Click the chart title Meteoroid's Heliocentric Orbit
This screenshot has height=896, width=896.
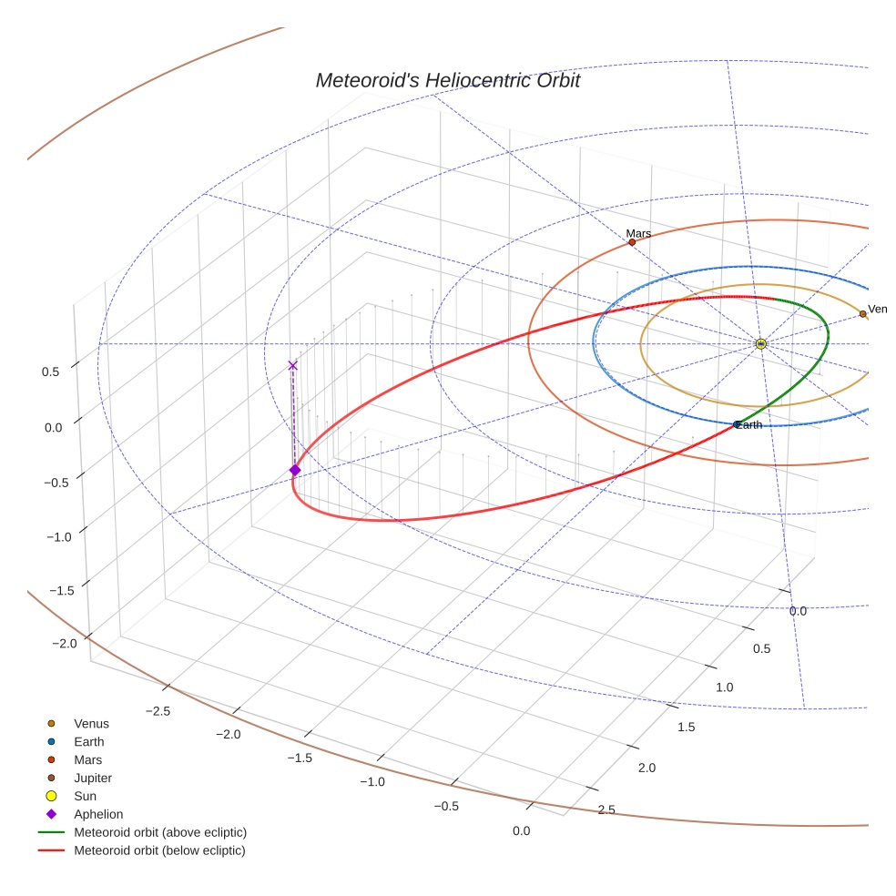(447, 80)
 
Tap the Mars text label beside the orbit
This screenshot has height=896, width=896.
(638, 234)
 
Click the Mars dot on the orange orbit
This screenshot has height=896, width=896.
(632, 242)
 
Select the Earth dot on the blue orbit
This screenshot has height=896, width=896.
(737, 424)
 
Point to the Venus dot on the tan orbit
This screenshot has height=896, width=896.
(862, 314)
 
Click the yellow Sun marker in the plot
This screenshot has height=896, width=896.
(760, 343)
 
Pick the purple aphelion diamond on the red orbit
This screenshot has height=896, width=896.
(294, 470)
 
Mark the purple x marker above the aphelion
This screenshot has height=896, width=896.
(292, 365)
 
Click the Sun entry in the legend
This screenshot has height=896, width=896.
(85, 797)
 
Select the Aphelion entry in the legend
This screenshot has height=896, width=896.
(98, 815)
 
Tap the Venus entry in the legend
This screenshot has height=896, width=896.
(91, 724)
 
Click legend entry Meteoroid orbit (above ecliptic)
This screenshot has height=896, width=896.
(160, 832)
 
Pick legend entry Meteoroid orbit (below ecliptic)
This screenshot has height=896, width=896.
(160, 850)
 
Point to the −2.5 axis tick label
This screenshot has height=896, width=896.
(158, 710)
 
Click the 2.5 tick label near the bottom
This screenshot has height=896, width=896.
(606, 809)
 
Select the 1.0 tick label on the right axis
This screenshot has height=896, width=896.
(724, 687)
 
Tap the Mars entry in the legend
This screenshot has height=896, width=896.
(87, 760)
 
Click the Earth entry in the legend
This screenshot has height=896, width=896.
(89, 742)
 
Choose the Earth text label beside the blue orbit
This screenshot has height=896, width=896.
(750, 425)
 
